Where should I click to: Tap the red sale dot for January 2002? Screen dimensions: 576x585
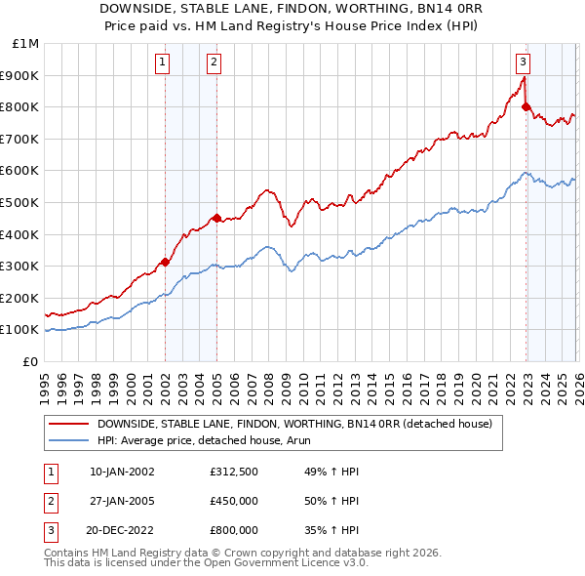click(165, 262)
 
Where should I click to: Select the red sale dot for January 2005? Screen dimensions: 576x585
click(216, 218)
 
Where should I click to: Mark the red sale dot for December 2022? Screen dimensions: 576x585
click(526, 106)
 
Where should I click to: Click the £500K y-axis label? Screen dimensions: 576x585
click(20, 202)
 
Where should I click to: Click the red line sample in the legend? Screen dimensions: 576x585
click(68, 424)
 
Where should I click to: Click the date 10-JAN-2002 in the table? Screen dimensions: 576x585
click(122, 472)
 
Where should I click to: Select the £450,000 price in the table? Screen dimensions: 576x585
click(234, 501)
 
